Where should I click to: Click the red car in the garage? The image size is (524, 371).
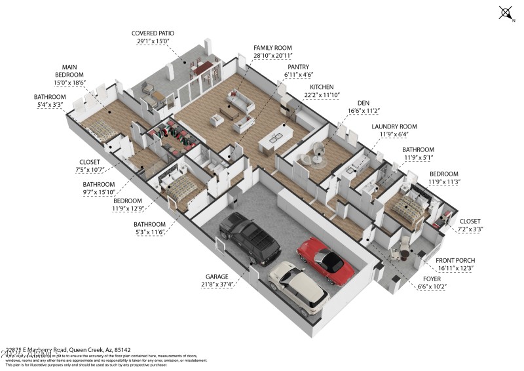click(x=325, y=260)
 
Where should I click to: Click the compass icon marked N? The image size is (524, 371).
click(x=506, y=12)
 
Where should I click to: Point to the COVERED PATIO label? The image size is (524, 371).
click(x=153, y=33)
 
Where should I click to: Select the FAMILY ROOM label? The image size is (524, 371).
click(x=274, y=49)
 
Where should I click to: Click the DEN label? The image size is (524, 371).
click(x=364, y=103)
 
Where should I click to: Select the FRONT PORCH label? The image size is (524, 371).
click(x=457, y=260)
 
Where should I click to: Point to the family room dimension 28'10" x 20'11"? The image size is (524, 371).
click(x=274, y=57)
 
